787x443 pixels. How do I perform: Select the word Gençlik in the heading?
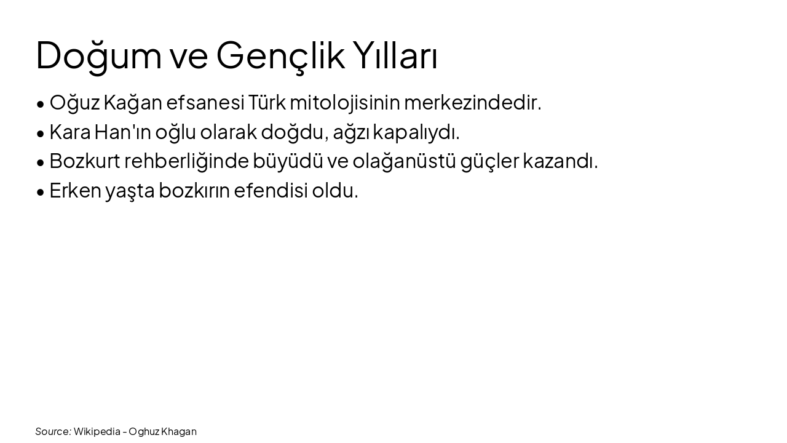[280, 55]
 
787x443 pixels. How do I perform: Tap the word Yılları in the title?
[395, 55]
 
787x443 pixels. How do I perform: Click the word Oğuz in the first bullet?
[74, 103]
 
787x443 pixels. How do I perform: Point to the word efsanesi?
[205, 103]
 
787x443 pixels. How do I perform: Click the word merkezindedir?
[472, 103]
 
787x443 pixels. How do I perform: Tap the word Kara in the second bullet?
[69, 132]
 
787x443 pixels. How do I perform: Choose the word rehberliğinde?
[186, 161]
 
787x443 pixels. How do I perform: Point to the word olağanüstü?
[404, 161]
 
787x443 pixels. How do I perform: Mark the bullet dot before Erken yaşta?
[41, 192]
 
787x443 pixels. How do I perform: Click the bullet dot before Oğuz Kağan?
[41, 104]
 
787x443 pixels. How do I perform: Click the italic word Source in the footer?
[53, 431]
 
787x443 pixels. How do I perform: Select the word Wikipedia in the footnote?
[97, 431]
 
